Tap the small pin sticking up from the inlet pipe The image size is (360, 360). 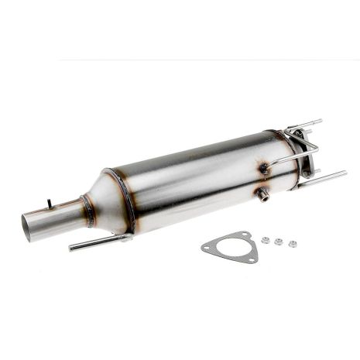click(49, 203)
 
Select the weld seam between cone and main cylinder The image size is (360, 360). click(126, 199)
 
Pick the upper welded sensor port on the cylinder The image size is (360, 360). click(265, 168)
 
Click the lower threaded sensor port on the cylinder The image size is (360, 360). click(265, 194)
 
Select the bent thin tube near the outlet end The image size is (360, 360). click(298, 151)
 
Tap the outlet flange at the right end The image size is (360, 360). click(304, 159)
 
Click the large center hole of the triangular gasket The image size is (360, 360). click(228, 248)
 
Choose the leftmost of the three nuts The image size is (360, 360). click(266, 240)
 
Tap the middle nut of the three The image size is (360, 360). click(279, 242)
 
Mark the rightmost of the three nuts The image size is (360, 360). click(293, 244)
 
